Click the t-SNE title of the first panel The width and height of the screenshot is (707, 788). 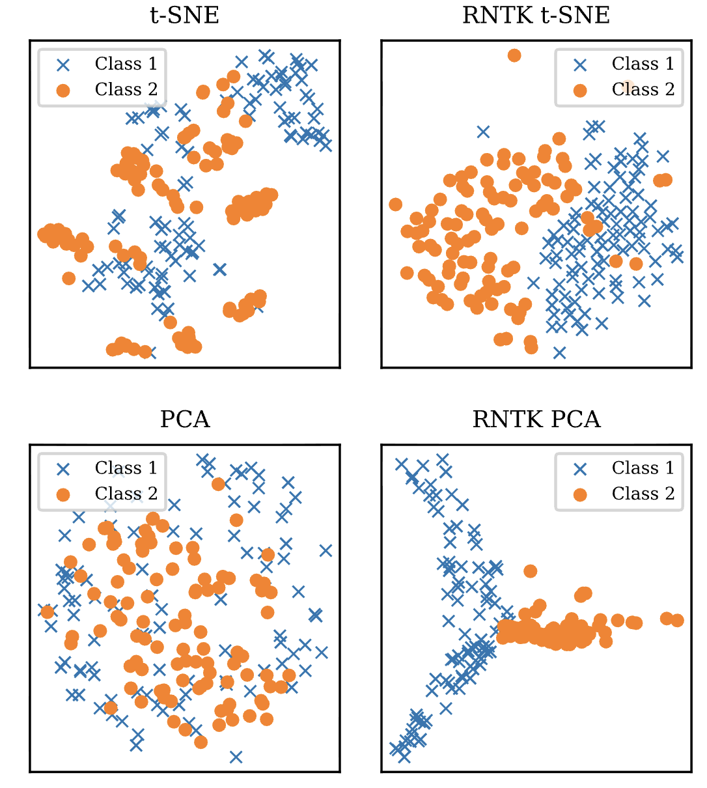coord(184,15)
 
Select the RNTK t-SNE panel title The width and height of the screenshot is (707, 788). coord(536,15)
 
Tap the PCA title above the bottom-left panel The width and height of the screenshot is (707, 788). coord(185,419)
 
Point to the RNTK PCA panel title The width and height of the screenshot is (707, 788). coord(536,419)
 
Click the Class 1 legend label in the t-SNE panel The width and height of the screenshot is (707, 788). coord(126,64)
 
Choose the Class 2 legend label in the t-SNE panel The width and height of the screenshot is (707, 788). coord(126,89)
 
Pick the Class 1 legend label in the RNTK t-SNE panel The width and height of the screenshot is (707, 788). coord(643,64)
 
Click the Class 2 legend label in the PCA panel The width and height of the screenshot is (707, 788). coord(126,494)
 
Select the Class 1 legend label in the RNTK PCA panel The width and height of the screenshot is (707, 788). coord(643,468)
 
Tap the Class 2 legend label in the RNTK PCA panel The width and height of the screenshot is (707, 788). coord(643,494)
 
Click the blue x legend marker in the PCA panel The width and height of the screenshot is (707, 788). coord(63,469)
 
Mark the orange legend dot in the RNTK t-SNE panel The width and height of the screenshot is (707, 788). coord(580,91)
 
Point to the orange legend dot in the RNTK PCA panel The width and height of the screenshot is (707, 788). coord(580,495)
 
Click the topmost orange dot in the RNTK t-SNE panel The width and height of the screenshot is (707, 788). coord(514,55)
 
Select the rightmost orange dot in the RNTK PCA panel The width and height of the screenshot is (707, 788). coord(677,620)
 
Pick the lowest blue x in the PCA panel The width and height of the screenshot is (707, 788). coord(236,757)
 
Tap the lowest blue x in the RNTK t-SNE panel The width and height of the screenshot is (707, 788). coord(559,353)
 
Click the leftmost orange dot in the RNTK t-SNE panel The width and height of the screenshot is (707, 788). coord(395,204)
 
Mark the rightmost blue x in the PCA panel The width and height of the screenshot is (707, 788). coord(326,551)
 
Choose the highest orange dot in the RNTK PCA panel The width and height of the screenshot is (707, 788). coord(530,571)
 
